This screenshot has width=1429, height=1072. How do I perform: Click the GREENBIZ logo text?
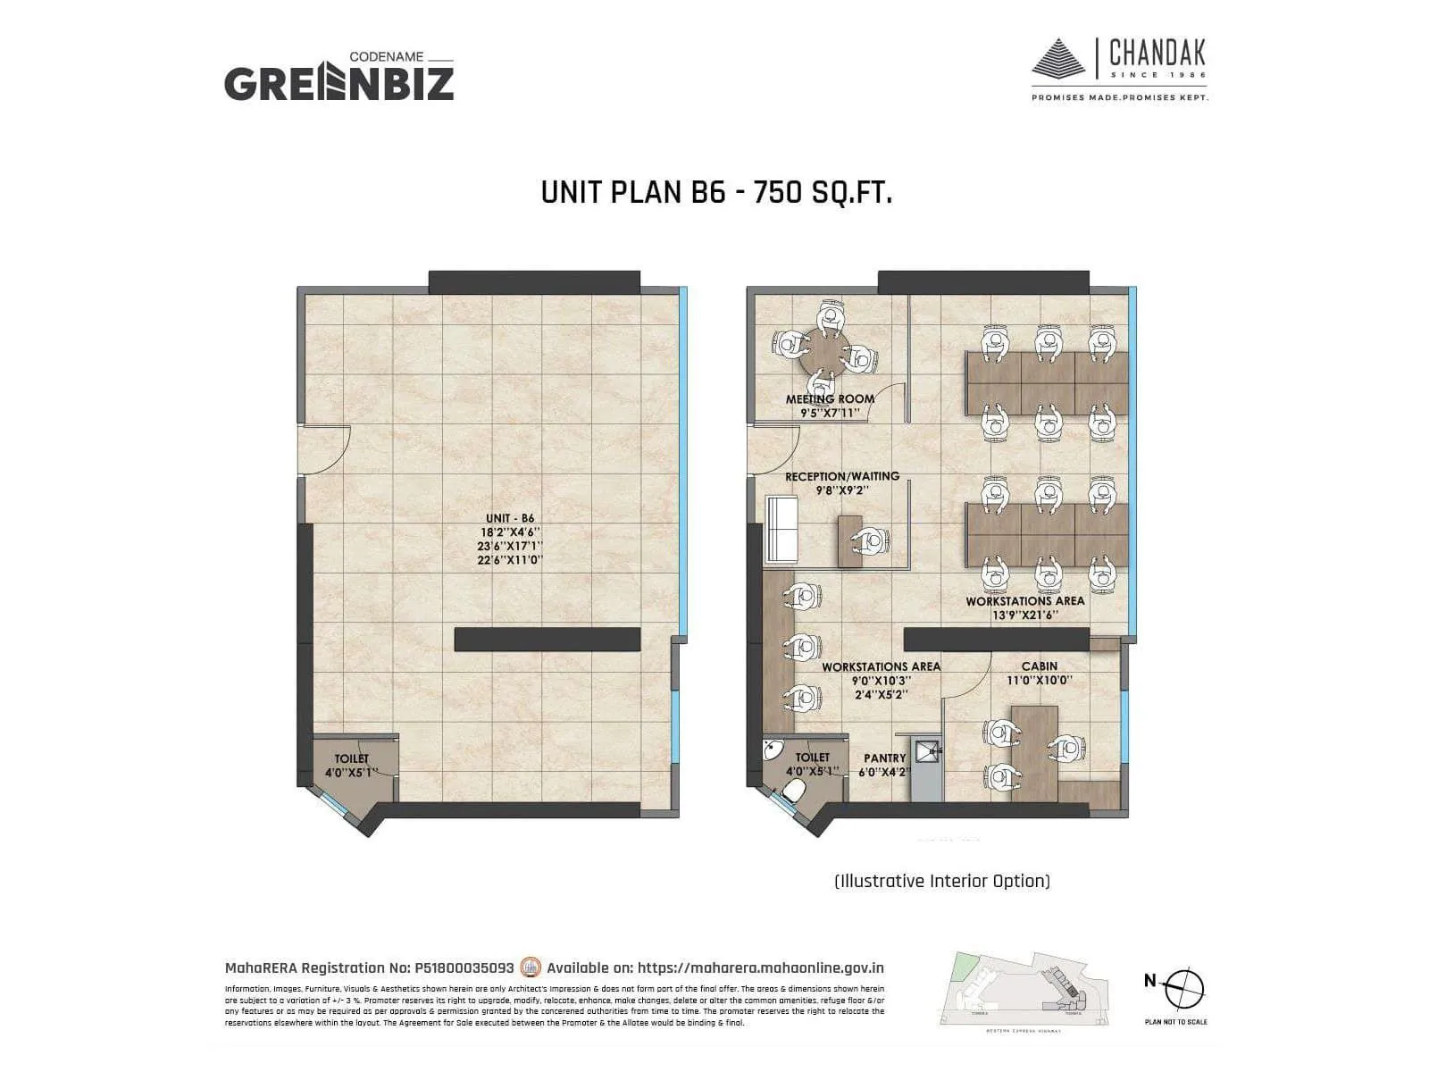point(338,83)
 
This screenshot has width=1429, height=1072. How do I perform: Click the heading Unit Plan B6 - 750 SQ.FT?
point(716,192)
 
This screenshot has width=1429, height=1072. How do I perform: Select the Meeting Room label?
point(830,399)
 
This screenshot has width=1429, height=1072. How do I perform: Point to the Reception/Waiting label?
point(842,476)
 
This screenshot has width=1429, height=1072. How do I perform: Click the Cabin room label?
point(1040,666)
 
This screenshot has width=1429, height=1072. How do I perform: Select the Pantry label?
point(884,758)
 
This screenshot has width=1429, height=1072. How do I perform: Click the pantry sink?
point(929,753)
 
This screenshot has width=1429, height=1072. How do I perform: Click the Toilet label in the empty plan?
point(351,758)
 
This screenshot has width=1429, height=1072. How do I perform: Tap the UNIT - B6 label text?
point(510,518)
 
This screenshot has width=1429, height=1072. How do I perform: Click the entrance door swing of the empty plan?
point(326,449)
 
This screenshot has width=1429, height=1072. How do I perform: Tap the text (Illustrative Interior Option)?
point(941,881)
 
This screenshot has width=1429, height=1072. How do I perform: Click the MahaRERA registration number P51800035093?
point(464,967)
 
